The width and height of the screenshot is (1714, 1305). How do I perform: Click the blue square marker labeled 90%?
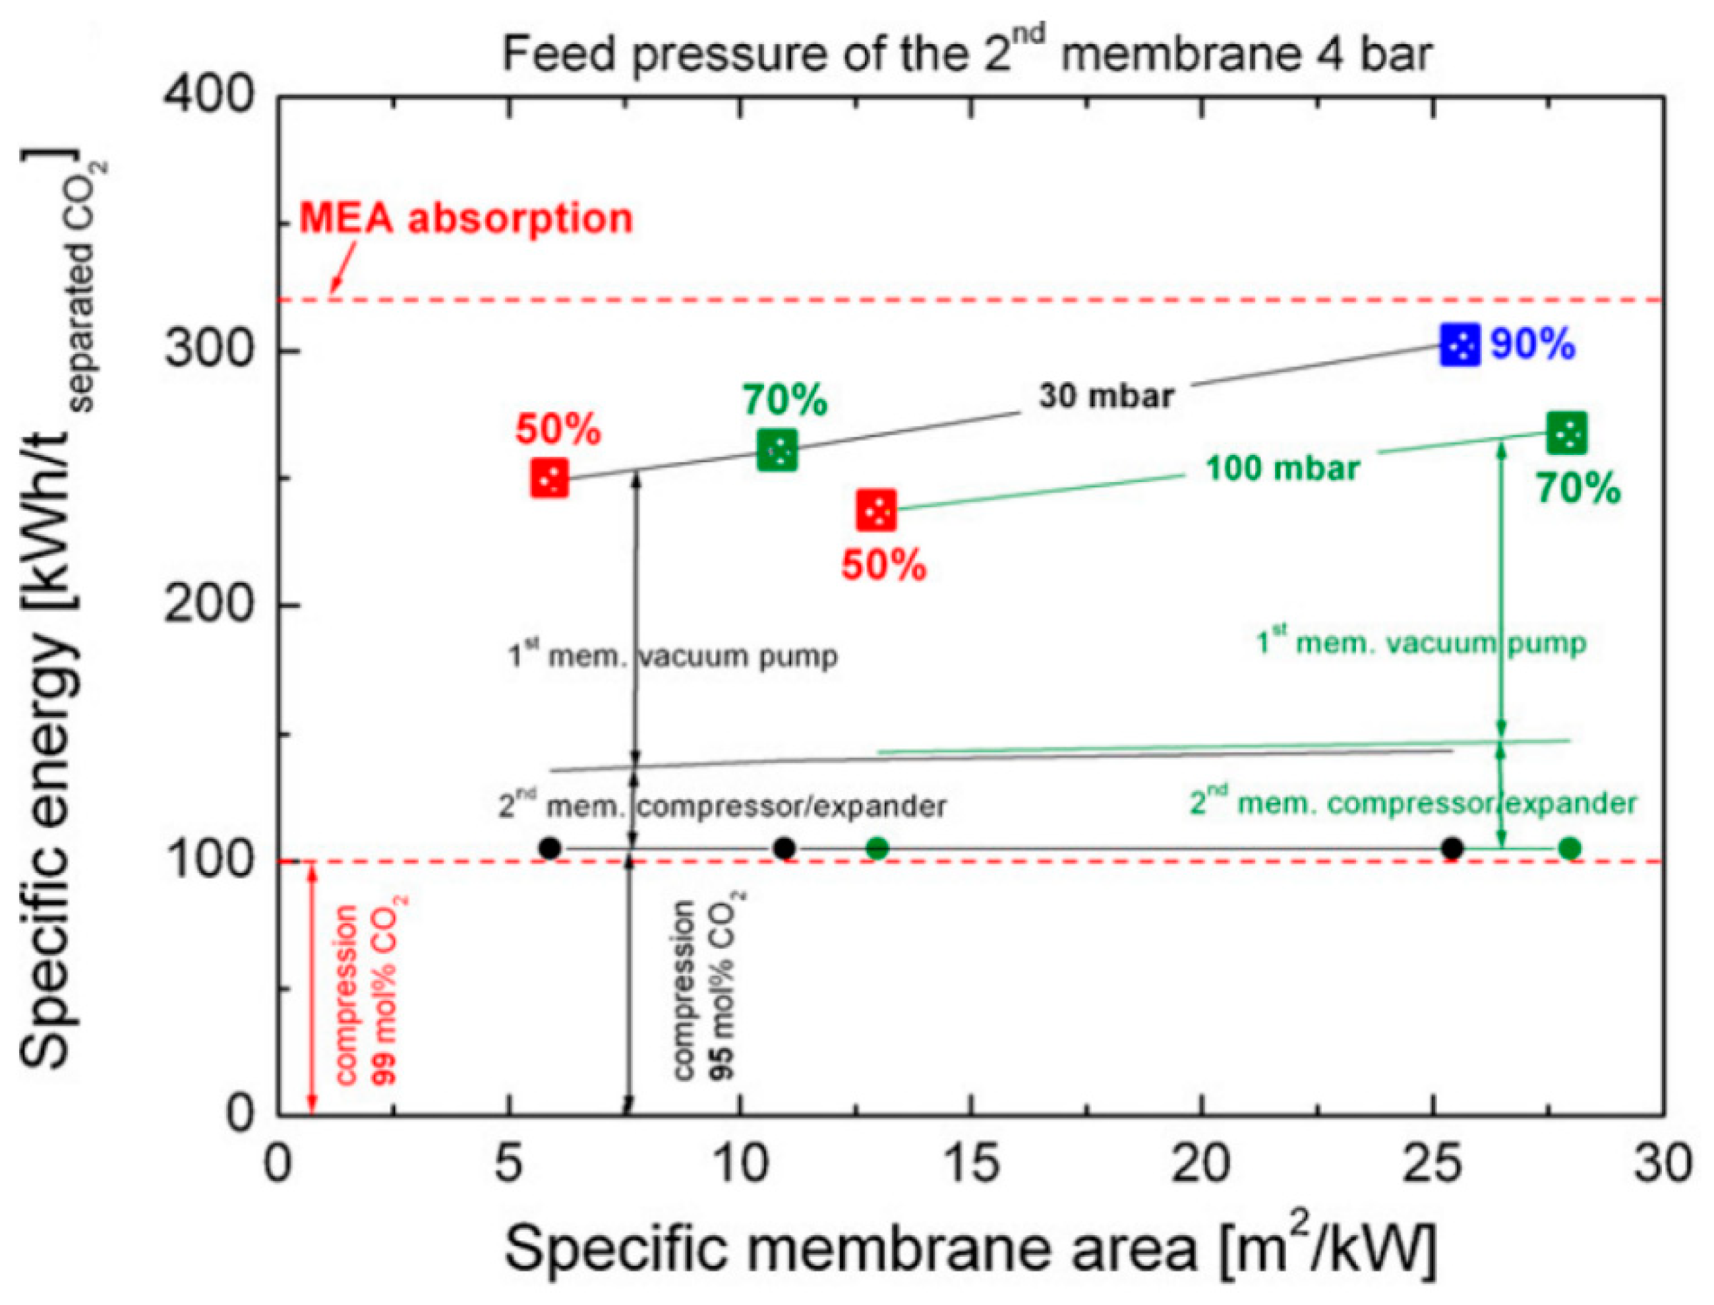coord(1460,344)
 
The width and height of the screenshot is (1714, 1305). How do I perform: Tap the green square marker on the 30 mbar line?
coord(777,449)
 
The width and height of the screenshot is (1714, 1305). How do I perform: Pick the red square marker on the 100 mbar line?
coord(877,510)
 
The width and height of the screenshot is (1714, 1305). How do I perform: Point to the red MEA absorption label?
coord(467,219)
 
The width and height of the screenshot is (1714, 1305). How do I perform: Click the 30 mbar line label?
coord(1107,397)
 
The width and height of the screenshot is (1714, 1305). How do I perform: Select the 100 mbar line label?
coord(1282,468)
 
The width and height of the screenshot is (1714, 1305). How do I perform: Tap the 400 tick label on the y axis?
coord(210,96)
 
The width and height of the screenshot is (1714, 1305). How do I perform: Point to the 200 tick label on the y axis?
coord(210,604)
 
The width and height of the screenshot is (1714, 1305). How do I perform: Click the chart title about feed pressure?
coord(967,54)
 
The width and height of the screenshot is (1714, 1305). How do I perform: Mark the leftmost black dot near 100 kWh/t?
coord(550,848)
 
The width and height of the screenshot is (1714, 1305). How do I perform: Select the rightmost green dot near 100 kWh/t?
coord(1570,848)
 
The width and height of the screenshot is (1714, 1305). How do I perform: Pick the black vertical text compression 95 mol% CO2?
coord(703,990)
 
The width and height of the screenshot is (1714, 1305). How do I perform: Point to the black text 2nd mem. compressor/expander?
coord(723,806)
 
